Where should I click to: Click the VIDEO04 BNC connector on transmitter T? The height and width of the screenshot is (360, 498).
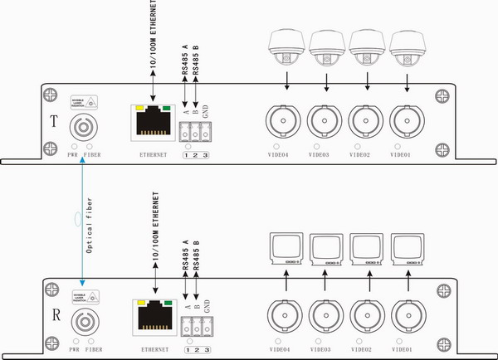click(x=283, y=119)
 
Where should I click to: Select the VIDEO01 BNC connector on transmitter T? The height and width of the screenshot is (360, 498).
click(x=407, y=119)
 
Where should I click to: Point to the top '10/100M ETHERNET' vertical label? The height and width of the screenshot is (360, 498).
click(x=157, y=36)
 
